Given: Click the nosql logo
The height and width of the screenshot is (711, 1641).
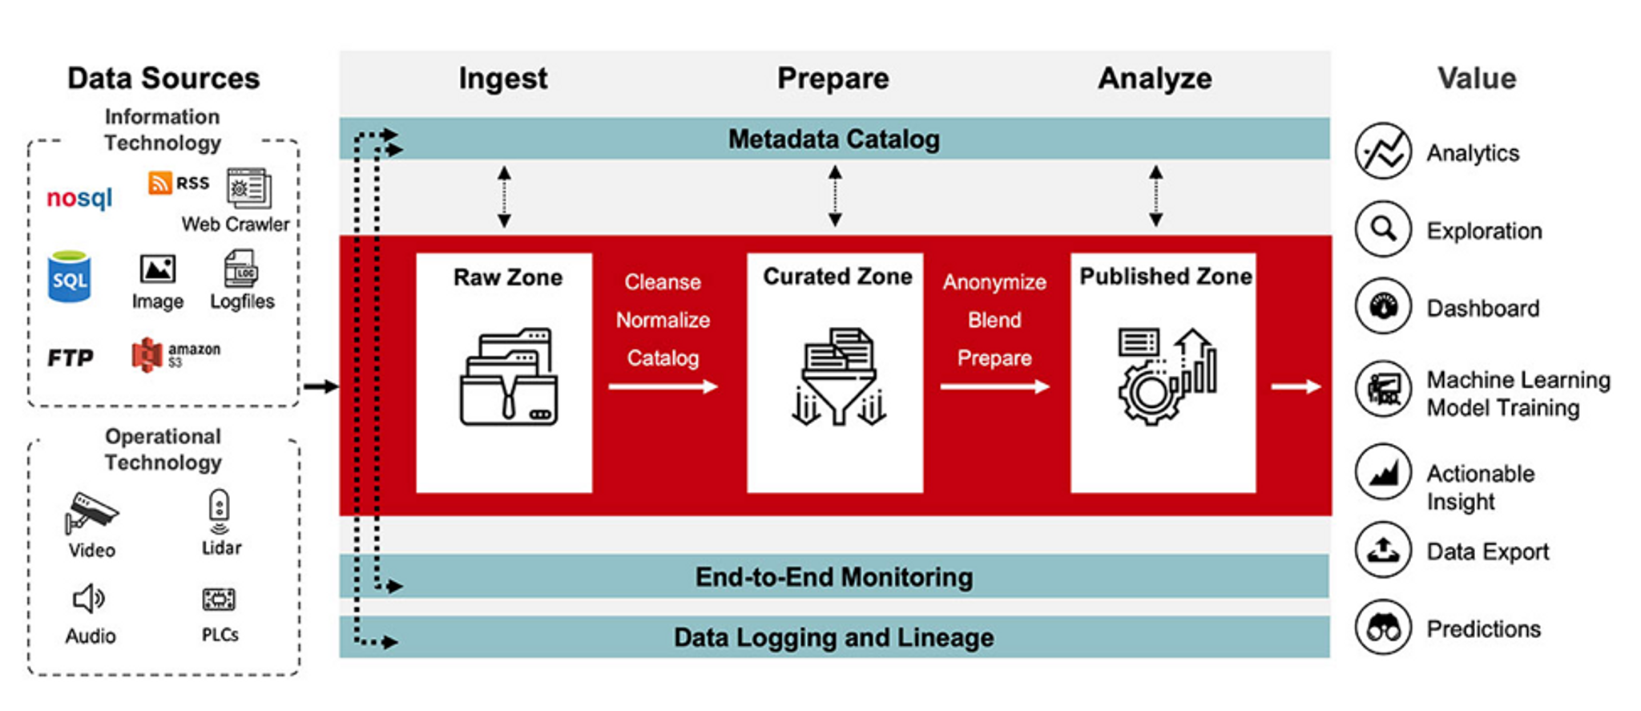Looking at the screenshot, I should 79,197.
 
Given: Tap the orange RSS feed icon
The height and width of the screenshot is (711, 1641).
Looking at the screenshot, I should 159,183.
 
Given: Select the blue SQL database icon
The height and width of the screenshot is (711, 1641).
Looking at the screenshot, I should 69,277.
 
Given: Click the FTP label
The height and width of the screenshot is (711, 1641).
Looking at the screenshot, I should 71,358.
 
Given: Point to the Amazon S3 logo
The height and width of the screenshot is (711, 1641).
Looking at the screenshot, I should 147,354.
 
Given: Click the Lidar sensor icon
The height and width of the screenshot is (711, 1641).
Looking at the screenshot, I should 219,511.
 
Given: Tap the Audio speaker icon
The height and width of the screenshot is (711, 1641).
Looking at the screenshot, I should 88,599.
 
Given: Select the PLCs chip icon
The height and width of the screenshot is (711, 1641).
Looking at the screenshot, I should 219,599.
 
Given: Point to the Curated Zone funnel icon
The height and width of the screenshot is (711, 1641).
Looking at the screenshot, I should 838,377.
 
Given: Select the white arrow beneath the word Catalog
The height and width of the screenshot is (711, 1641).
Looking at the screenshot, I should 663,387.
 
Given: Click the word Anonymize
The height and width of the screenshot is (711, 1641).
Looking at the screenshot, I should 994,282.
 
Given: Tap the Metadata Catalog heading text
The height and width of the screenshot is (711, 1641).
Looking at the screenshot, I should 833,139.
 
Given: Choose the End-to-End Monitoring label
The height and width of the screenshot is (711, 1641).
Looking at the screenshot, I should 833,577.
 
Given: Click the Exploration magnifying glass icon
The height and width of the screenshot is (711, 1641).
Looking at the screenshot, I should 1383,229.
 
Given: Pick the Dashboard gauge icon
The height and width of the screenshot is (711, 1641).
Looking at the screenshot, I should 1383,306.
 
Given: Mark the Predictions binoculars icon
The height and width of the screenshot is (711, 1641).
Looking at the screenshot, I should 1383,627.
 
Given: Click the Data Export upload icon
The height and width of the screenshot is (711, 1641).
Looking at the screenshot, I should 1383,550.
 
